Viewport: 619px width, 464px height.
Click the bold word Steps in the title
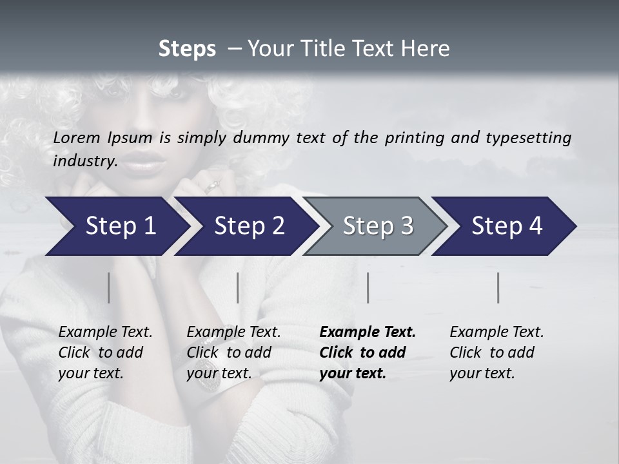click(187, 49)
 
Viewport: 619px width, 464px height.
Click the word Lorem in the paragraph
click(77, 137)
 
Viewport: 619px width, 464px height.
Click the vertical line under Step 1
click(108, 287)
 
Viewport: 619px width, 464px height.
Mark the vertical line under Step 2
click(238, 287)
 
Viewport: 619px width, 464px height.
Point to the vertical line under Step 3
click(368, 287)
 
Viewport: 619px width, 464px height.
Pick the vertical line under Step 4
click(498, 287)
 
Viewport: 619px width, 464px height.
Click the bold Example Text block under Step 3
click(368, 353)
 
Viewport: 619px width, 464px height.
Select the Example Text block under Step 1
click(105, 353)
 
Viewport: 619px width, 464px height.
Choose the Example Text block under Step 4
click(496, 353)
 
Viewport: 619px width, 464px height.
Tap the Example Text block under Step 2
click(233, 353)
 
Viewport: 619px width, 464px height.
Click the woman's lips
click(141, 162)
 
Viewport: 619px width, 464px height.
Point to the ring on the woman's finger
click(213, 186)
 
